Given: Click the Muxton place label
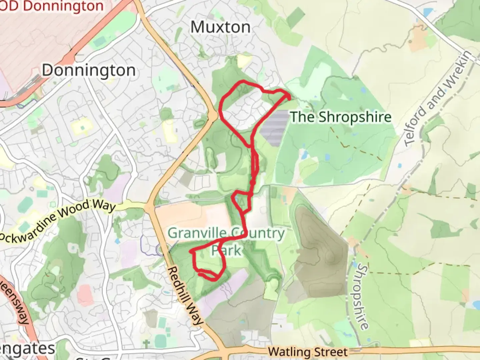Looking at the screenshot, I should [220, 27].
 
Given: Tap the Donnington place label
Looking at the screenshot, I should [89, 70].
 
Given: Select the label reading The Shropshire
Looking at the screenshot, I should [341, 117].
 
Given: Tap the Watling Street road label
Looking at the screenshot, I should [308, 352].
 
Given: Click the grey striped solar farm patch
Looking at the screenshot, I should [274, 128].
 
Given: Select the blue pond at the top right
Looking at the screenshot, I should [427, 13].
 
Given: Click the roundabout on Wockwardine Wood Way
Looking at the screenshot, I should [148, 208].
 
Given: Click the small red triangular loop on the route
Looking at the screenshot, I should [242, 201].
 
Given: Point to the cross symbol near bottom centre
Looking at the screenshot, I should [146, 343].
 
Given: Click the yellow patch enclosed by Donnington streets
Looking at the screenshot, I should [81, 126].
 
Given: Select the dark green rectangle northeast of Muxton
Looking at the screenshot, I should [296, 17].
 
